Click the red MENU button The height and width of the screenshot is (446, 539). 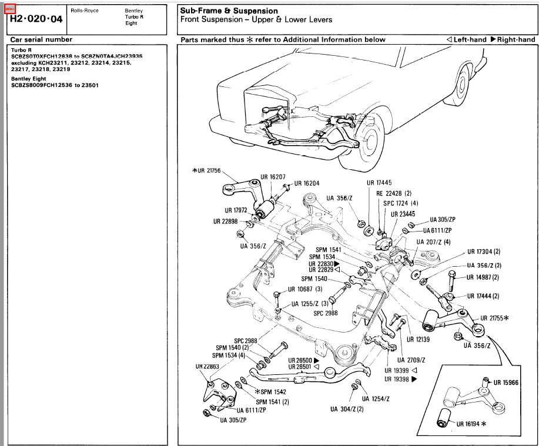click(x=9, y=9)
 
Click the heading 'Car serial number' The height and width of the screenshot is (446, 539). click(x=41, y=39)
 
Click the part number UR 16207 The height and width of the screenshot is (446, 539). click(x=273, y=176)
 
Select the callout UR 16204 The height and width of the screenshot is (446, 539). click(x=306, y=183)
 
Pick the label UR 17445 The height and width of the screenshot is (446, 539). click(x=379, y=183)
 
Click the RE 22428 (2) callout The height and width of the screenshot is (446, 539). click(x=394, y=193)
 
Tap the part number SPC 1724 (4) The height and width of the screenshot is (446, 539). click(x=401, y=203)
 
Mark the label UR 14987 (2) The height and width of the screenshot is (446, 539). click(x=483, y=277)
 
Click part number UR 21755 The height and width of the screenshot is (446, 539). click(x=493, y=318)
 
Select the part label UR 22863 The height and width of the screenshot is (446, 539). click(x=207, y=366)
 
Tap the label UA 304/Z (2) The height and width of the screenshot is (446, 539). click(x=346, y=409)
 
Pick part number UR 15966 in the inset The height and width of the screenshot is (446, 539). click(x=505, y=383)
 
